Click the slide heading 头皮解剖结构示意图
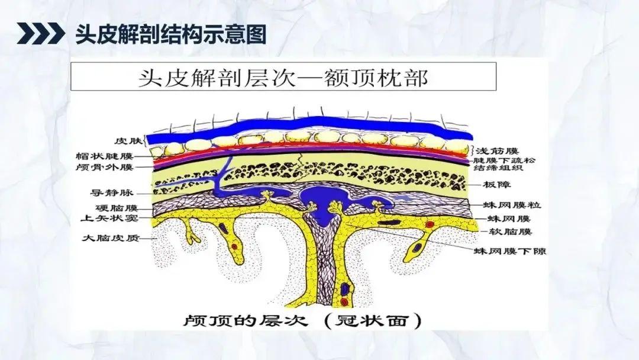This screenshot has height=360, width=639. click(170, 34)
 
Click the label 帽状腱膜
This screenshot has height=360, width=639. click(112, 156)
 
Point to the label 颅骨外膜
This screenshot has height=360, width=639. click(112, 168)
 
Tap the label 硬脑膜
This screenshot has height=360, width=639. click(118, 208)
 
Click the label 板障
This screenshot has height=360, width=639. click(494, 185)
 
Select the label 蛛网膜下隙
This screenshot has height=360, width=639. click(508, 252)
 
